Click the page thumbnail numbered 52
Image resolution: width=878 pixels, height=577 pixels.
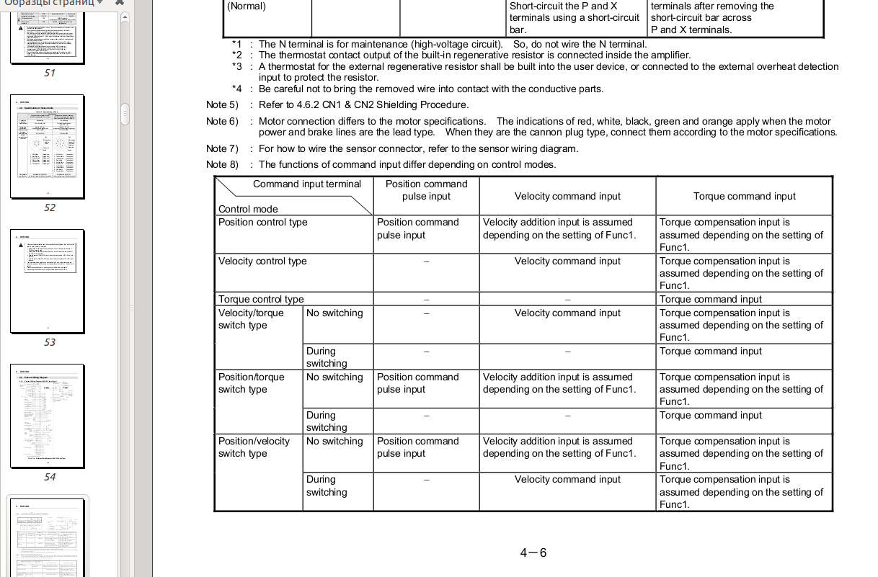click(x=48, y=146)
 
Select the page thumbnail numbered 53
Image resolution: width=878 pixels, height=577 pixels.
click(x=48, y=281)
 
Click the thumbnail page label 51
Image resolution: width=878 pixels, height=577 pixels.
click(x=49, y=73)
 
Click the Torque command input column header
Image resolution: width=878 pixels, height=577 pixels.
click(x=744, y=196)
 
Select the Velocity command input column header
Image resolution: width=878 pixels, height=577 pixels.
click(x=567, y=196)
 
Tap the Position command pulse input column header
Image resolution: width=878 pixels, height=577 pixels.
click(x=426, y=190)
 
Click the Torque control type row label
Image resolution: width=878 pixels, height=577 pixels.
click(x=261, y=299)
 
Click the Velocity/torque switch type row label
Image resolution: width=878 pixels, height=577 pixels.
click(x=251, y=319)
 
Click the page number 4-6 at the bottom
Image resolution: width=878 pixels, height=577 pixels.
click(x=533, y=553)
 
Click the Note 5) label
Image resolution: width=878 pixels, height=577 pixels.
click(x=222, y=104)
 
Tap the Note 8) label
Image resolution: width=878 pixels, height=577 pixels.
click(x=222, y=164)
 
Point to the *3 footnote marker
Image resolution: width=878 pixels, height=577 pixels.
click(x=237, y=66)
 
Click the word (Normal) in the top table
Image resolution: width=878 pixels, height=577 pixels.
click(x=247, y=6)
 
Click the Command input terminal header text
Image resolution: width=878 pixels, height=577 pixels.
click(x=306, y=184)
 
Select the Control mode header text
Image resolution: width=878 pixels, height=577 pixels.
click(x=248, y=209)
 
